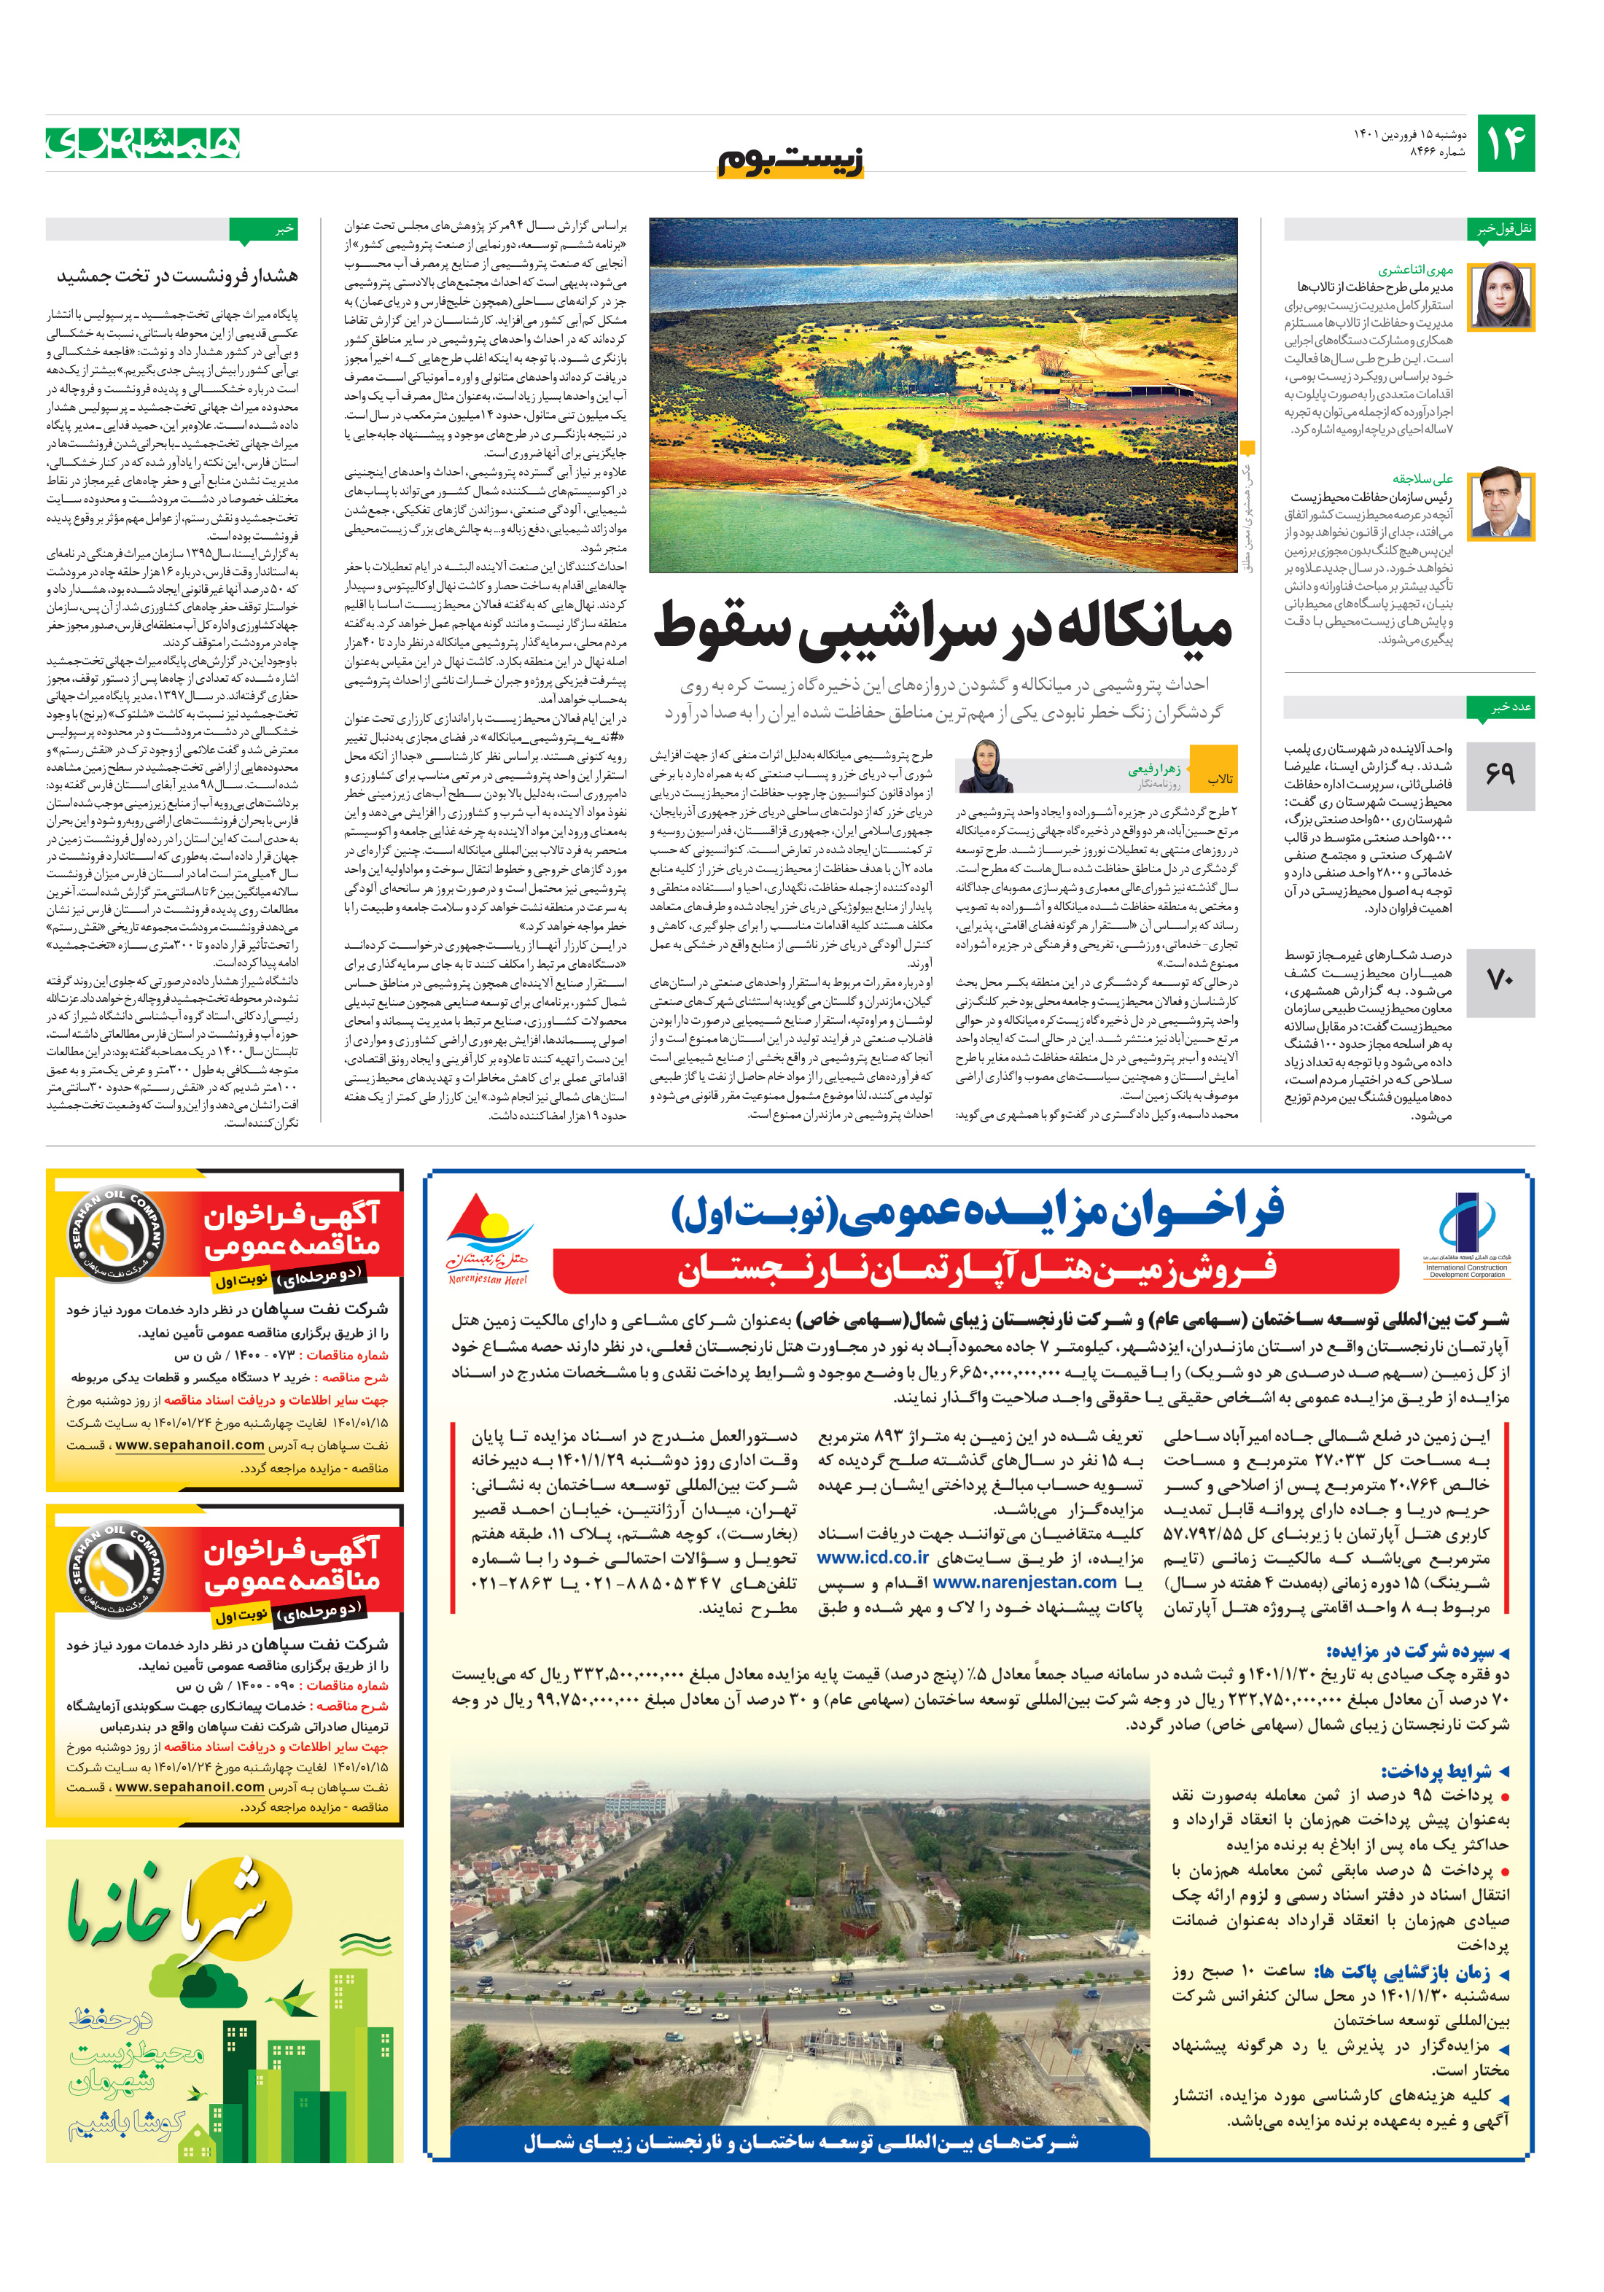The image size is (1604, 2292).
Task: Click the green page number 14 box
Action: tap(1504, 144)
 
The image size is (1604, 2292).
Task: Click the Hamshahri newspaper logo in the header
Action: tap(143, 143)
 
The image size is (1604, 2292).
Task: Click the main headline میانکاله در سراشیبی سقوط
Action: tap(943, 628)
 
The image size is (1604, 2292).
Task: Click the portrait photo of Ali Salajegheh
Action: tap(1500, 503)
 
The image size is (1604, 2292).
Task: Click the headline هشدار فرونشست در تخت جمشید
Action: tap(176, 276)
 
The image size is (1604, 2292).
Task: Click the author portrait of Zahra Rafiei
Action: tap(986, 766)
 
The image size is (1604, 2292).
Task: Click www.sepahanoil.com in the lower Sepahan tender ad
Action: tap(190, 1787)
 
